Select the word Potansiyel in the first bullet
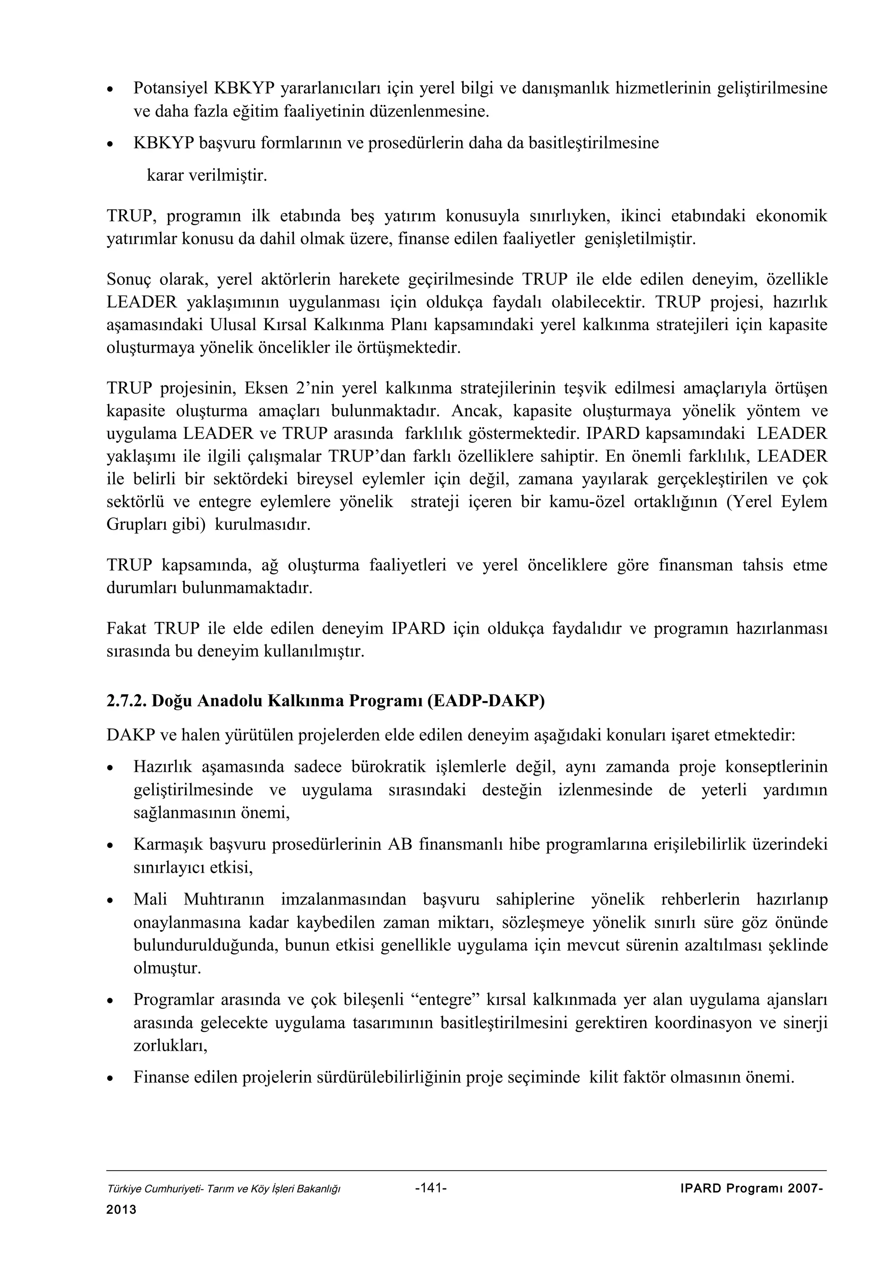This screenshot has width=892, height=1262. tap(170, 88)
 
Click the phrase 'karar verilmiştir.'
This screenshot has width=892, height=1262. tap(206, 176)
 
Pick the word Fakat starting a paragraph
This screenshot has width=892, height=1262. tap(126, 628)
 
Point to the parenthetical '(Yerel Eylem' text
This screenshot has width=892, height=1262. tap(777, 502)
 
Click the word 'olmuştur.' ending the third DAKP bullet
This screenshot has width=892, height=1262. tap(168, 968)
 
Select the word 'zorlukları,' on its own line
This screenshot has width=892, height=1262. tap(170, 1046)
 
